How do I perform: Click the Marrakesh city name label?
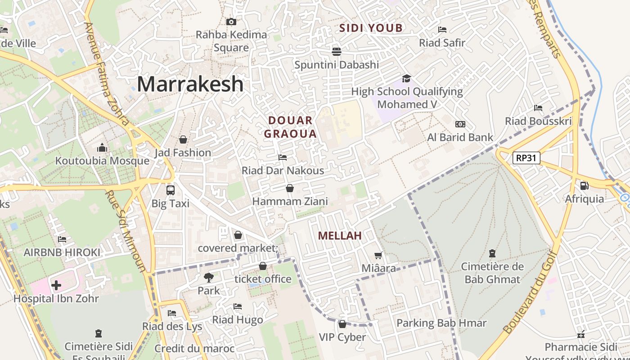point(190,84)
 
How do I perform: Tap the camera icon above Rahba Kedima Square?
point(231,22)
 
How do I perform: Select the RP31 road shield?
point(526,158)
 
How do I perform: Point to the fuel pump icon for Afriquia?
point(584,185)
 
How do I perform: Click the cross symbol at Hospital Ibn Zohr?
point(56,285)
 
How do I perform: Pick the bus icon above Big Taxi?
point(170,190)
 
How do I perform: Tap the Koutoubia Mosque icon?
point(102,148)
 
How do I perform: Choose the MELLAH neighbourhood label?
point(340,236)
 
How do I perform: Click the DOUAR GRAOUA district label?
point(290,127)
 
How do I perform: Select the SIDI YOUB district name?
point(371,28)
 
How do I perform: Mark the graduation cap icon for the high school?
point(407,79)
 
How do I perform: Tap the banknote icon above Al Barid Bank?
point(460,124)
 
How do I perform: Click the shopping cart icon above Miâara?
point(378,256)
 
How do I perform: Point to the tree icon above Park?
point(208,277)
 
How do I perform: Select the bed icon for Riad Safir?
point(442,30)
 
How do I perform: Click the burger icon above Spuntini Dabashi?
point(337,51)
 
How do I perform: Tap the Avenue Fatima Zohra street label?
point(107,74)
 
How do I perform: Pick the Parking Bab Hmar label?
point(441,323)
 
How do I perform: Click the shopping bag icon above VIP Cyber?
point(342,324)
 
